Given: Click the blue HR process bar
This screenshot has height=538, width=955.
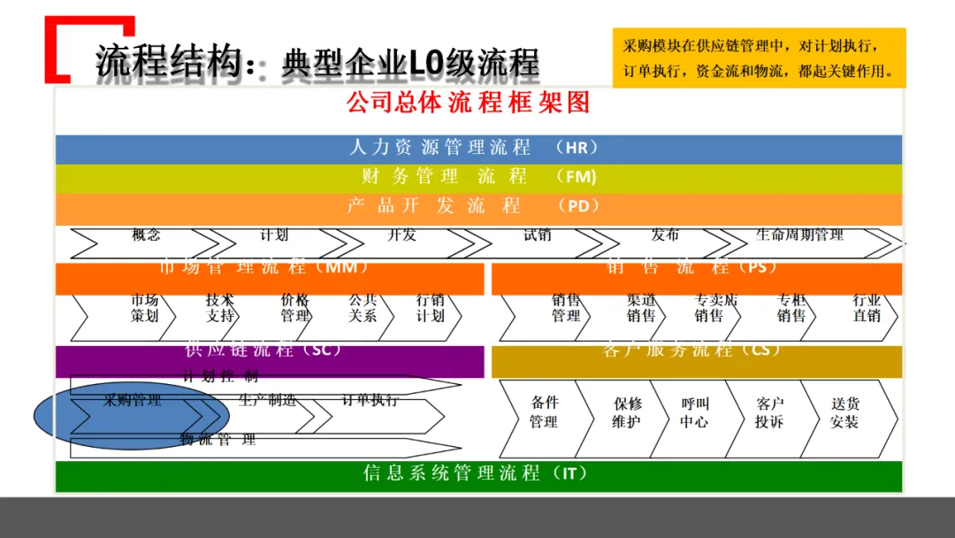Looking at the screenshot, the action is pyautogui.click(x=477, y=149).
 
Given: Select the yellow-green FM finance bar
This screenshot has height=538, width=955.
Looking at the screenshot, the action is pyautogui.click(x=477, y=178).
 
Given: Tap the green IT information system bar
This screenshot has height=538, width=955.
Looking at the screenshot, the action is pyautogui.click(x=477, y=475).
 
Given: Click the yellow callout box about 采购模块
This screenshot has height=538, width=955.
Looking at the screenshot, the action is pyautogui.click(x=759, y=58).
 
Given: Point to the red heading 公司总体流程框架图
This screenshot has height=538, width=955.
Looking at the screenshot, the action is pyautogui.click(x=468, y=103).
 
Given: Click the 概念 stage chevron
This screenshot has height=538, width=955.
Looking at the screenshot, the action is pyautogui.click(x=146, y=237).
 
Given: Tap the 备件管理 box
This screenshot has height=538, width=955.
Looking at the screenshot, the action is pyautogui.click(x=544, y=414).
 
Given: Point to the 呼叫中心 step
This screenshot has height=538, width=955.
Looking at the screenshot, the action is pyautogui.click(x=694, y=414).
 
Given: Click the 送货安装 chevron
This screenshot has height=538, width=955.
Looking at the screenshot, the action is pyautogui.click(x=844, y=414).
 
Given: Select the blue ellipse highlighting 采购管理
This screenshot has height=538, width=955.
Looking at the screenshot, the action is pyautogui.click(x=132, y=415).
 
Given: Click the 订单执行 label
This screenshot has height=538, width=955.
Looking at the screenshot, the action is pyautogui.click(x=371, y=401).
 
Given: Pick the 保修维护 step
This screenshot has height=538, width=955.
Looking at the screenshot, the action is pyautogui.click(x=627, y=414).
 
